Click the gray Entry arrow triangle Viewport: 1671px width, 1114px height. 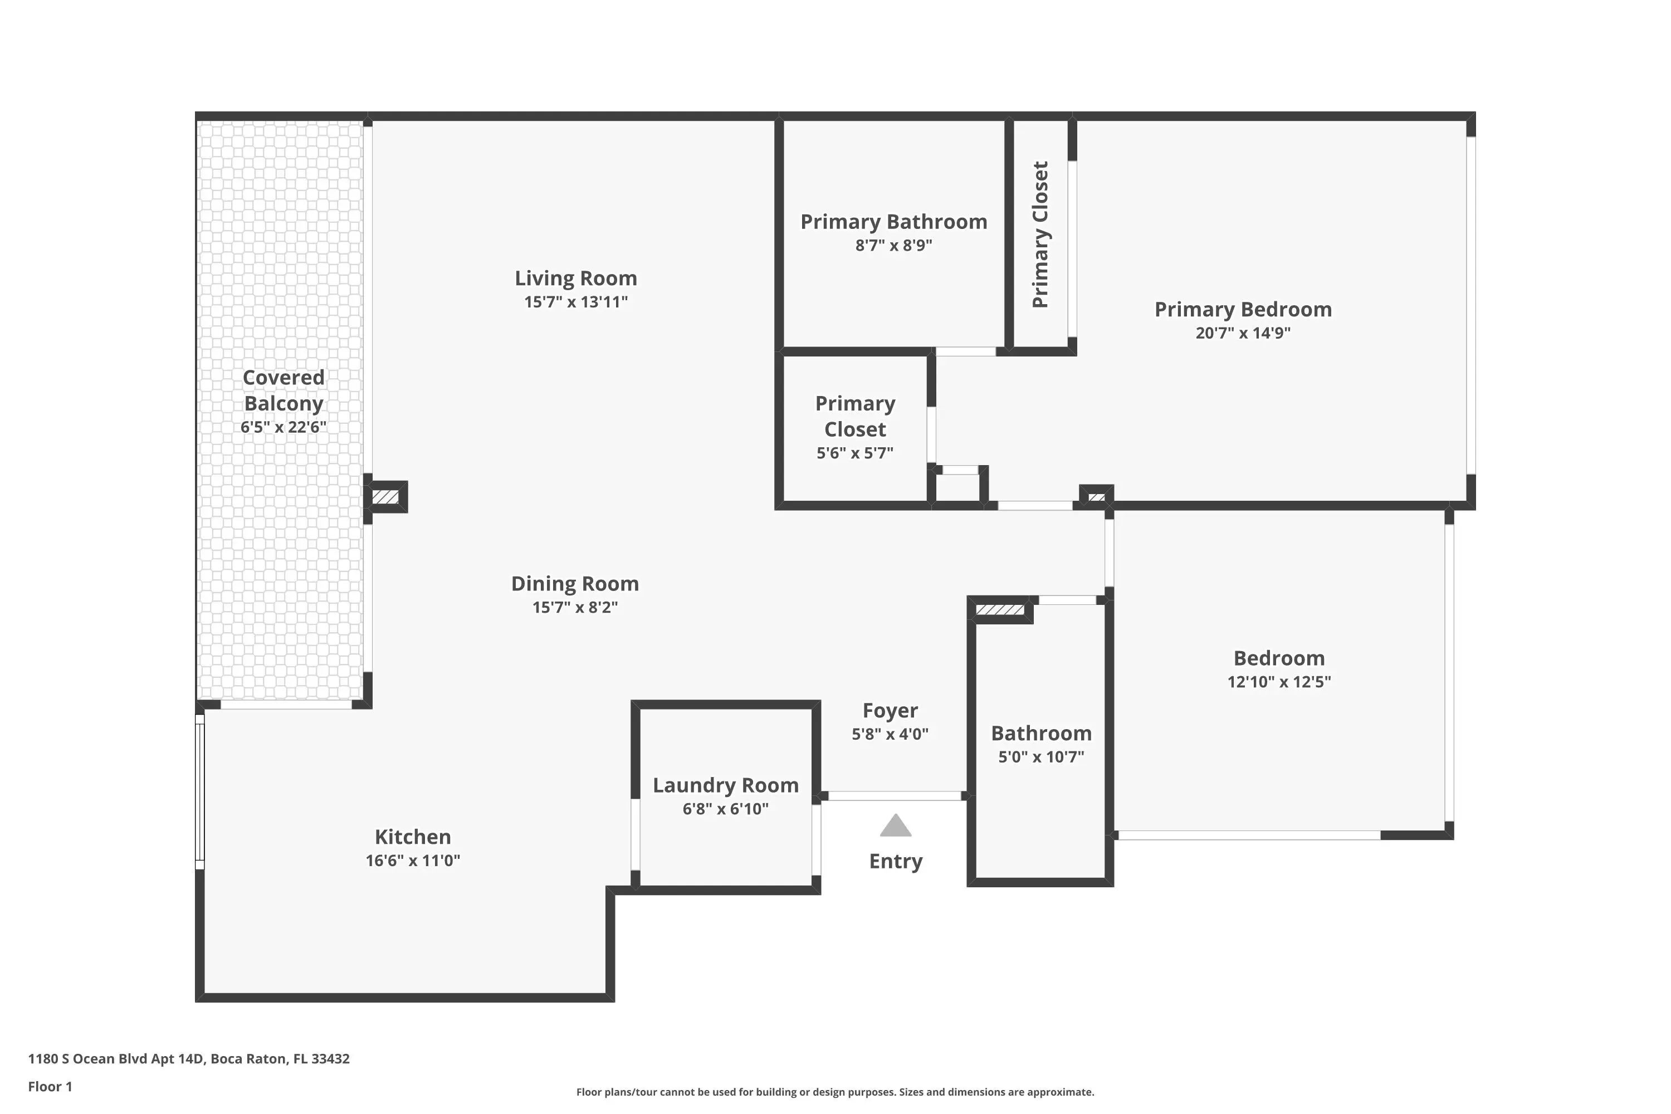[x=895, y=825]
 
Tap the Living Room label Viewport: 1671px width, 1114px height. [x=575, y=278]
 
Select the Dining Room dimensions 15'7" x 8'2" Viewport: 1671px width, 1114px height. [x=575, y=607]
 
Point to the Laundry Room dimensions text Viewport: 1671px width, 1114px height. [x=725, y=809]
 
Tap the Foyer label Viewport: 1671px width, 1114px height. [x=890, y=711]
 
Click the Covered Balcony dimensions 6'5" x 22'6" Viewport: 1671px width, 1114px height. [x=284, y=426]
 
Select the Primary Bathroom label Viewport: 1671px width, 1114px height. [x=894, y=222]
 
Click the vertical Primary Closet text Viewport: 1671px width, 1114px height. [x=1040, y=234]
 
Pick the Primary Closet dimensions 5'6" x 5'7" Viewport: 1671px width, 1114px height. [x=854, y=452]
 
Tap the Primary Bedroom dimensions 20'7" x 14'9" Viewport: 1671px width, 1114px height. [x=1243, y=333]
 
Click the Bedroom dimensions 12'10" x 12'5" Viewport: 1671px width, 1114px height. [x=1279, y=681]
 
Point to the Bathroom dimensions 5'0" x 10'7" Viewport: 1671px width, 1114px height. [x=1041, y=756]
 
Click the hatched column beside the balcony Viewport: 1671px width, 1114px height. [x=386, y=497]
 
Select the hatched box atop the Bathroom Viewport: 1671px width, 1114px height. [x=1000, y=609]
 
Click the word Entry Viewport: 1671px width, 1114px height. [x=896, y=861]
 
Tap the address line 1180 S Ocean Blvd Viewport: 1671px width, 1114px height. [x=189, y=1059]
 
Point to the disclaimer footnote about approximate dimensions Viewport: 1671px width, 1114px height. [x=835, y=1092]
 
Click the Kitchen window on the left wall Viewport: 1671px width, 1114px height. [x=199, y=791]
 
